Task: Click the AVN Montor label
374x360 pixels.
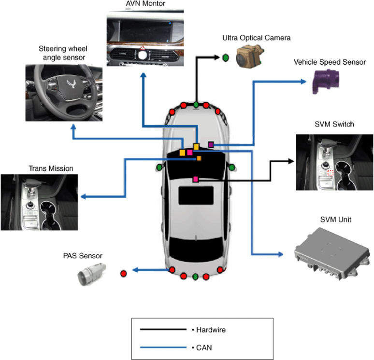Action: click(145, 3)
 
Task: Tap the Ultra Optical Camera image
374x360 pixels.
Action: click(250, 56)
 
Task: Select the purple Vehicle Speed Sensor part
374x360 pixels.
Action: click(326, 81)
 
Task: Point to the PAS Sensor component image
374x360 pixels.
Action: click(92, 274)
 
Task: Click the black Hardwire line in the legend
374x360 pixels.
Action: click(163, 330)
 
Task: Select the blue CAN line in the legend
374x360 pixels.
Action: click(163, 347)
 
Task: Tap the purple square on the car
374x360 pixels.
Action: click(211, 144)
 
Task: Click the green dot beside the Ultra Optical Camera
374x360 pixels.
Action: click(225, 57)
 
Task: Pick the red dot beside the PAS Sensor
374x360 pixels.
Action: click(123, 273)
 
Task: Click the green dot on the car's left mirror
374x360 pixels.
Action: click(159, 167)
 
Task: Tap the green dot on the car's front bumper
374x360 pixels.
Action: click(196, 104)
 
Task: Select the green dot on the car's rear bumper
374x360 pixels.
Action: click(195, 277)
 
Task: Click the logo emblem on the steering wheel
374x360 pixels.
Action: click(71, 83)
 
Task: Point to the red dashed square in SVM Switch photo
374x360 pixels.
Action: click(331, 173)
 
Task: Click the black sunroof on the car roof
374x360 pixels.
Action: click(196, 195)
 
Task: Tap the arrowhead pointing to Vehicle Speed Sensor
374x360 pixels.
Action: click(303, 82)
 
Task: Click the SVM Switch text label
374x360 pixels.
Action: click(334, 124)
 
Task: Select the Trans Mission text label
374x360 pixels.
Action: click(51, 168)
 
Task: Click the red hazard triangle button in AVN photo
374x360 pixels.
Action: click(143, 48)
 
